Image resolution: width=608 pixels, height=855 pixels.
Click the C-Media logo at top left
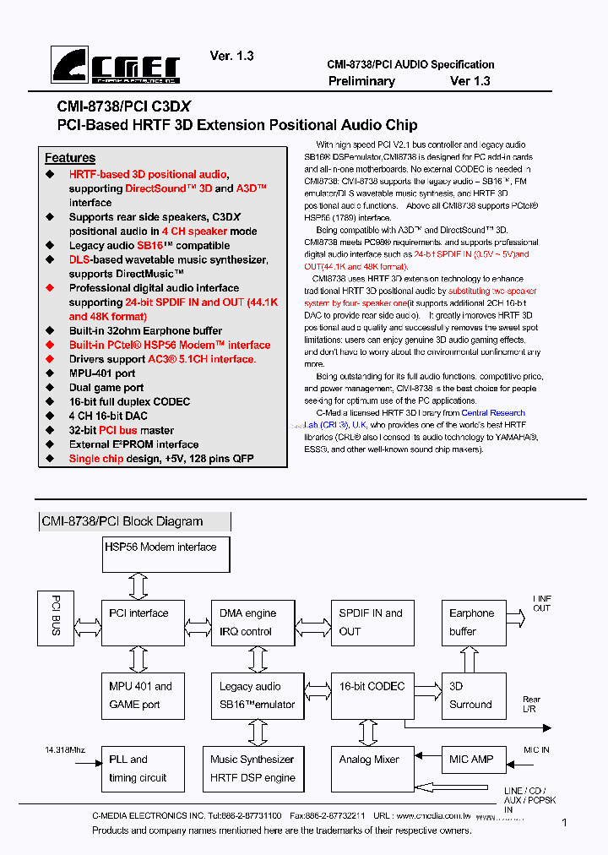[x=116, y=65]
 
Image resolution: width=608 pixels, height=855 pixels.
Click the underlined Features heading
[x=70, y=158]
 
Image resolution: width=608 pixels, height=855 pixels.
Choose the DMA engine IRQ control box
[x=252, y=623]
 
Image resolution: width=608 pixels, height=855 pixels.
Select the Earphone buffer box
[x=474, y=623]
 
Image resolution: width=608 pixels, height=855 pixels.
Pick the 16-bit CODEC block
[x=372, y=695]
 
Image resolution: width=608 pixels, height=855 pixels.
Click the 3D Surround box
[x=474, y=695]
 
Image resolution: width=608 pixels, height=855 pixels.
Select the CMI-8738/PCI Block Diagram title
[x=123, y=521]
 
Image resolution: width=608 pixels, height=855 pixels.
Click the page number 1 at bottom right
[x=564, y=822]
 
